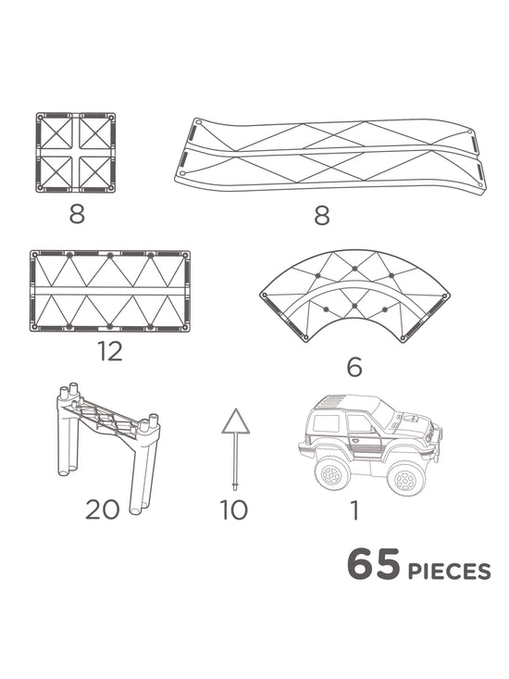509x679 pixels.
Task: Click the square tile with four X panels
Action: (77, 153)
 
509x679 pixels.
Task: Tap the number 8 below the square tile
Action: (77, 215)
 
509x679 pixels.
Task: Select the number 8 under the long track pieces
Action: (321, 215)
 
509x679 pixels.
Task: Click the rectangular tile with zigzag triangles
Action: (110, 290)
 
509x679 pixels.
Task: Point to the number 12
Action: (110, 352)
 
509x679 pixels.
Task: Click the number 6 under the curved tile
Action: (354, 368)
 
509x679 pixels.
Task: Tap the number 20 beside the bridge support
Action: (104, 509)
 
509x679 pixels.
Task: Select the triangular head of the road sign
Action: (236, 422)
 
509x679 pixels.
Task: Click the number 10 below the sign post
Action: (234, 509)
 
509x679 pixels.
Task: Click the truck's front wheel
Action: (404, 478)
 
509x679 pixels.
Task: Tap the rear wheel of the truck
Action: (330, 473)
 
